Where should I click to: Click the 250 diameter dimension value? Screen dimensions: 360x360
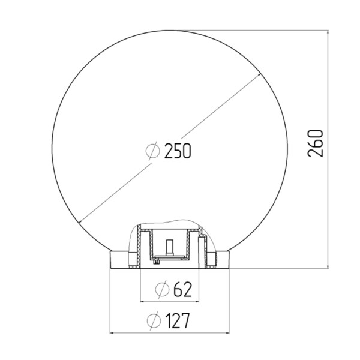[x=178, y=151]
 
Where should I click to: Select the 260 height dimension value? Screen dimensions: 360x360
[x=316, y=143]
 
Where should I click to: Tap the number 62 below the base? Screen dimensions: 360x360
[x=182, y=290]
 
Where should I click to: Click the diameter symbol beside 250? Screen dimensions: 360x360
[x=152, y=151]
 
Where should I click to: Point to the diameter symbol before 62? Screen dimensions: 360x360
[x=162, y=290]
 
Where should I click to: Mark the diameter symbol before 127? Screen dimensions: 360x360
[x=154, y=321]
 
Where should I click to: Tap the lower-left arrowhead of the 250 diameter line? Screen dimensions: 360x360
[x=80, y=221]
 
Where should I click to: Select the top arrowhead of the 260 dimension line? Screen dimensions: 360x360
[x=328, y=32]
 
